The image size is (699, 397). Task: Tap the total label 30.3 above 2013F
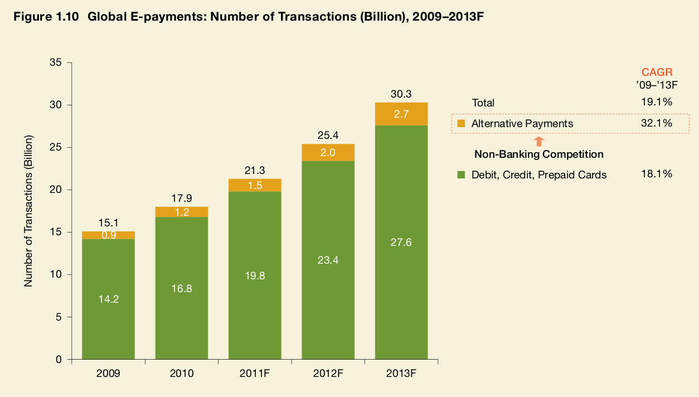coord(401,95)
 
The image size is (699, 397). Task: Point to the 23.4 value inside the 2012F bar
coord(328,260)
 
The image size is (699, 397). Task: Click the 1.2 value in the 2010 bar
coord(181,212)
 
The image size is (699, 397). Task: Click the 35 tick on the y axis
coord(55,62)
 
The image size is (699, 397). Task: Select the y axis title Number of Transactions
coord(28,211)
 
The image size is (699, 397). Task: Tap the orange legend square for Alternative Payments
coord(460,124)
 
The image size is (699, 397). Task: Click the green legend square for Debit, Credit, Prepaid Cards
coord(460,175)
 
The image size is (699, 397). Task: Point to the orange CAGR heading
coord(657,72)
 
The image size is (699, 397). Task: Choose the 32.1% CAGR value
coord(657,123)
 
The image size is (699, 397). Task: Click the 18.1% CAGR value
coord(657,175)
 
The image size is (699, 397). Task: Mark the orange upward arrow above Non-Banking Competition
coord(538,142)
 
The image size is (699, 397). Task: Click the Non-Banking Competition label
coord(538,154)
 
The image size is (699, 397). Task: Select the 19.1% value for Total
coord(657,103)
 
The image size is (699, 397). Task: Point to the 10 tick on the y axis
coord(55,275)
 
